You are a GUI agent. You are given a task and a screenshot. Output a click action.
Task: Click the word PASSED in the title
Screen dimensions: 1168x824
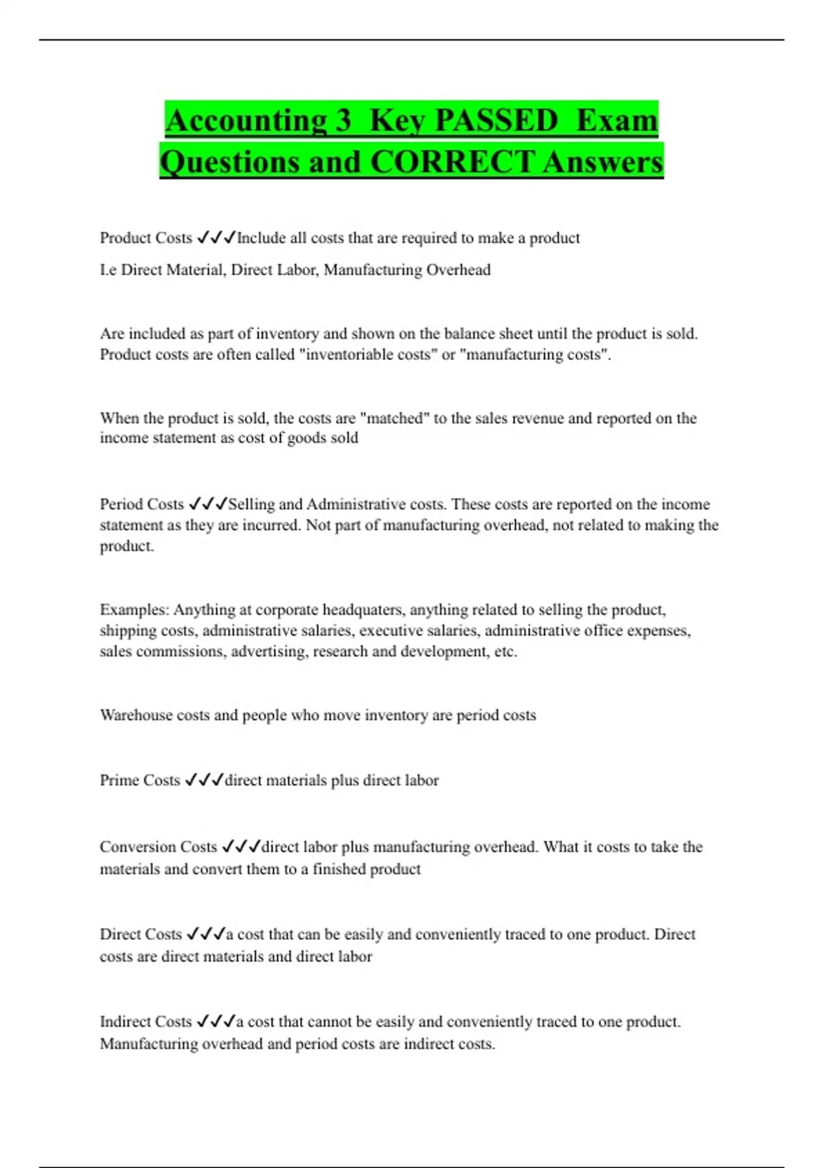[496, 121]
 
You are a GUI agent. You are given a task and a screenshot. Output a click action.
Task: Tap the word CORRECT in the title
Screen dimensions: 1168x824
[453, 163]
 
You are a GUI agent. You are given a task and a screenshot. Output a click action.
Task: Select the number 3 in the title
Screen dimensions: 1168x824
[343, 121]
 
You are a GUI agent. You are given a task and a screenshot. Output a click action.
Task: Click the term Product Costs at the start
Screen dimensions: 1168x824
[146, 238]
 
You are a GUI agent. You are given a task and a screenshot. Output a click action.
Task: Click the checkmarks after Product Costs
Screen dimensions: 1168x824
[216, 238]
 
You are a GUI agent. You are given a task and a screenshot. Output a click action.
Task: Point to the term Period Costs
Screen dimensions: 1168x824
[141, 504]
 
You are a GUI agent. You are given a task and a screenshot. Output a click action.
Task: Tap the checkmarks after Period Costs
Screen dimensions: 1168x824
[207, 504]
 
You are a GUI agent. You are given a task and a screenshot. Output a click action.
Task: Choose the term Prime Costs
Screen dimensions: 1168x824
[139, 780]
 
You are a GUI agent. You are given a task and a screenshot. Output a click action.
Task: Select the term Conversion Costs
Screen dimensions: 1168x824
[158, 847]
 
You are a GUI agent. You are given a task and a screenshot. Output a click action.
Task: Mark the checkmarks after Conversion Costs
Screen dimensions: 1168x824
[241, 847]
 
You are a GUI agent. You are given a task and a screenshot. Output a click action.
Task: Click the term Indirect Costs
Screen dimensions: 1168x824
[146, 1022]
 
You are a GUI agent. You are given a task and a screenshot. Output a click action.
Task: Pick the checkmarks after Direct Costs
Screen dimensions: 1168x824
[206, 934]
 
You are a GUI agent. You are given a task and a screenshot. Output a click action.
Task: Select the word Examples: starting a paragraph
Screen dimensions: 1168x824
[134, 610]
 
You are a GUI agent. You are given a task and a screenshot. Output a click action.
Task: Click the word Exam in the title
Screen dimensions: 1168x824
[617, 121]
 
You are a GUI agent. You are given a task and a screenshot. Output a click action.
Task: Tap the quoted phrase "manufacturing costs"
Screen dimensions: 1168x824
[538, 355]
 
